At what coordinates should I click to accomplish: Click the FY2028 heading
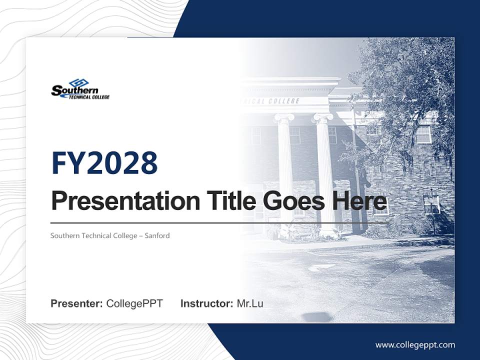104,163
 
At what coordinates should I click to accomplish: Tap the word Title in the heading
227,201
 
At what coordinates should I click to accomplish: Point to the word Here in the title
359,201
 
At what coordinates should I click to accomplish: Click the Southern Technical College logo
80,89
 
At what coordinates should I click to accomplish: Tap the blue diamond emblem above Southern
78,82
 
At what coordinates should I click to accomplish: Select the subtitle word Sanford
157,235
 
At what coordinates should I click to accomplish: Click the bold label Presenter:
77,303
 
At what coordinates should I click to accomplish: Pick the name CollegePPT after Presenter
134,303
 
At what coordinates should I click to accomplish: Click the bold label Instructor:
206,303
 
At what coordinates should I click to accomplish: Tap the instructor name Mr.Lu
250,303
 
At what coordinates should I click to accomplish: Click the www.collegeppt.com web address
415,345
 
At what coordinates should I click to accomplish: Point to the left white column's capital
284,118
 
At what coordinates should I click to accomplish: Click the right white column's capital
322,118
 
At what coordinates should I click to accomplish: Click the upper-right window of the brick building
423,133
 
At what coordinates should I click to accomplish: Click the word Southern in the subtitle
65,235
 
